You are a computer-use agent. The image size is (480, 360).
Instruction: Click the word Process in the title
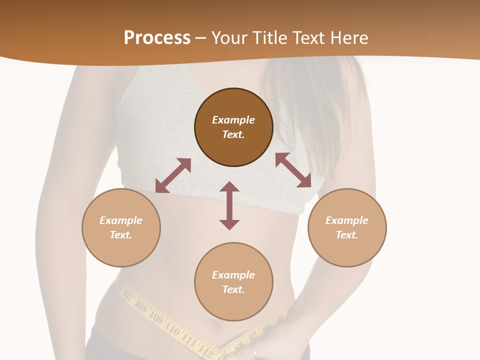point(157,38)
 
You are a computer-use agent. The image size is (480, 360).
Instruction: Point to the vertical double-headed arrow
point(229,205)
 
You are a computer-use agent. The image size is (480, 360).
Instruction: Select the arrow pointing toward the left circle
point(173,175)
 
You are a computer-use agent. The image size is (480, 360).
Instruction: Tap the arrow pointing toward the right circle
point(293,170)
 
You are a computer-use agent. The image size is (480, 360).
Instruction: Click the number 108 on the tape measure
point(141,306)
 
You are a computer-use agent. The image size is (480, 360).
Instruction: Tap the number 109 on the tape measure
point(155,318)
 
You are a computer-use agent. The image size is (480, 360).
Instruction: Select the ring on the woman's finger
point(254,351)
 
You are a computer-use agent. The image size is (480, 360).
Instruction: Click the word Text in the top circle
point(233,134)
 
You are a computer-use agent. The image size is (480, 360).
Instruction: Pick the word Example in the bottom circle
point(233,274)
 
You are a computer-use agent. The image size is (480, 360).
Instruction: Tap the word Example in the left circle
point(121,220)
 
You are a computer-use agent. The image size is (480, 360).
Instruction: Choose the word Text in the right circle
point(347,235)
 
